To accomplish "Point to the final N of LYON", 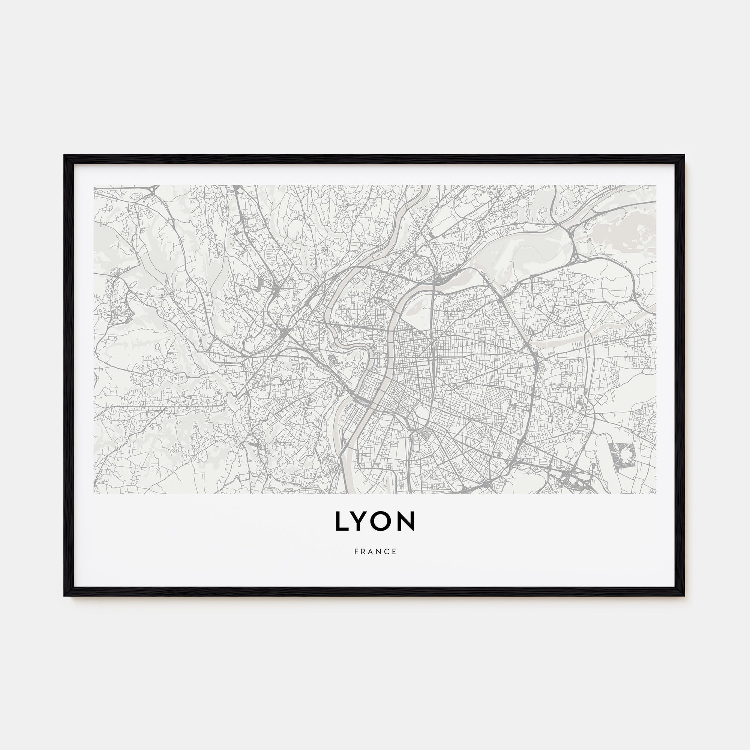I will click(x=406, y=521).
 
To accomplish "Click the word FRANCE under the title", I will click(x=375, y=552).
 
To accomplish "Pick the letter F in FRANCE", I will click(x=356, y=552).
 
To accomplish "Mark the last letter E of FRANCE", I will click(x=394, y=552).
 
